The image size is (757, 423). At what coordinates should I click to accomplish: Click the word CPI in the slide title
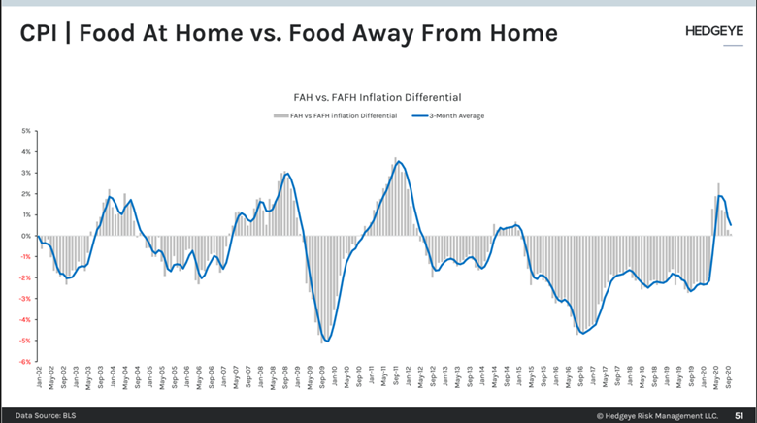(43, 33)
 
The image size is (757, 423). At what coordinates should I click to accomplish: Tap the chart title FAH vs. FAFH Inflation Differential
(378, 97)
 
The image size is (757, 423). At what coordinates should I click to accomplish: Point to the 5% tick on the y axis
(27, 130)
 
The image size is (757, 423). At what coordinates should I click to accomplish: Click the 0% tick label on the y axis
(27, 236)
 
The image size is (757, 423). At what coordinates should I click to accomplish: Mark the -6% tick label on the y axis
(26, 362)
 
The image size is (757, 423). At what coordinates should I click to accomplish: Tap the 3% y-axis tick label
(27, 173)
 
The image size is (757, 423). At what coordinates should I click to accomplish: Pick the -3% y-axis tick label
(26, 299)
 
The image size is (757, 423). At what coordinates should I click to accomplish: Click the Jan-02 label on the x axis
(39, 378)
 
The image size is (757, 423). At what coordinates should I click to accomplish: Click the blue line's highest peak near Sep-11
(399, 162)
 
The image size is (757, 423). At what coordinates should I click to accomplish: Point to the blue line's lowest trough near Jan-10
(328, 341)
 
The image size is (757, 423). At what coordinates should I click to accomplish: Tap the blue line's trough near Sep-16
(582, 334)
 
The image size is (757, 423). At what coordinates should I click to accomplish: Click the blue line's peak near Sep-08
(287, 174)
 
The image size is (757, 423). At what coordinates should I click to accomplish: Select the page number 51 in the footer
(738, 413)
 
